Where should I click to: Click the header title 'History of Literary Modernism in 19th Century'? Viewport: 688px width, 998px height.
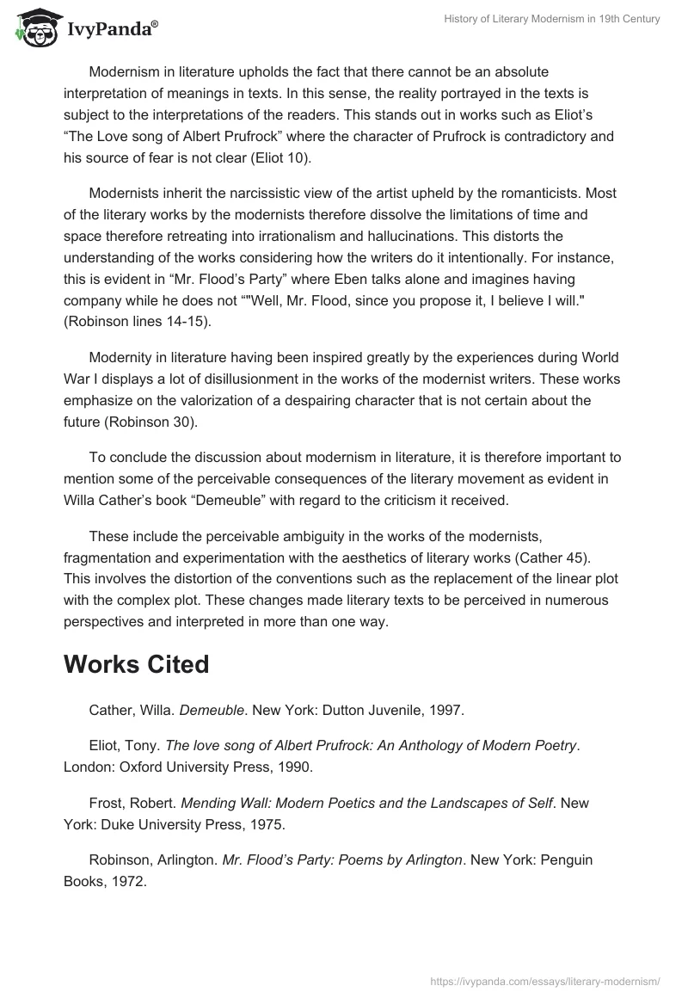point(538,20)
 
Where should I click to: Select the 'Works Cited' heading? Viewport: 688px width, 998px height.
point(136,664)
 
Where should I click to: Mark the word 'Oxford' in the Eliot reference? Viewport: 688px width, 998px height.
point(128,764)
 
